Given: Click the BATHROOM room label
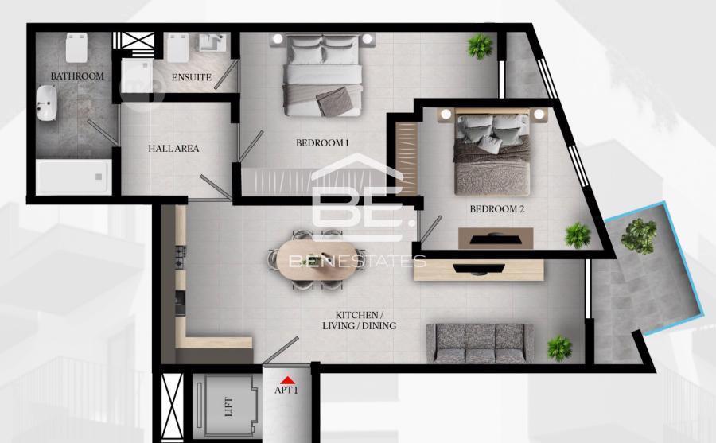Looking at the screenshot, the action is click(x=77, y=76).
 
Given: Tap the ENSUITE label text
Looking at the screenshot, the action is click(x=191, y=77).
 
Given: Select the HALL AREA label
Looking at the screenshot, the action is click(x=173, y=149).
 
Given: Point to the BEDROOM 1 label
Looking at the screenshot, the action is click(x=322, y=143).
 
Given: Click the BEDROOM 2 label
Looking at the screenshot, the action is click(x=496, y=209).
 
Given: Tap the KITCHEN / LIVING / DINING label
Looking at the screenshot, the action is click(x=360, y=321).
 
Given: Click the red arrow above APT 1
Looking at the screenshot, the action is click(x=286, y=380).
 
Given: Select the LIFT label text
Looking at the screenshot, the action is click(x=229, y=406).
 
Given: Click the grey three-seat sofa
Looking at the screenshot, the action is click(x=480, y=343).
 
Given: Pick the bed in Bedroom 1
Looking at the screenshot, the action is click(x=323, y=76).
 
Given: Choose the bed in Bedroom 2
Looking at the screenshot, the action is click(x=492, y=153).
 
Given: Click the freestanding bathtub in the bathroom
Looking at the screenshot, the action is click(x=46, y=103).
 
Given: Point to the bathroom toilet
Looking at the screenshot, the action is click(x=76, y=48).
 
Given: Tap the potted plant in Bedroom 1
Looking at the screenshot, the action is click(x=481, y=47).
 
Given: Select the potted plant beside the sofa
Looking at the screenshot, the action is click(x=559, y=348).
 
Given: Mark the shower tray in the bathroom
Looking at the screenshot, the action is click(x=73, y=177).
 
